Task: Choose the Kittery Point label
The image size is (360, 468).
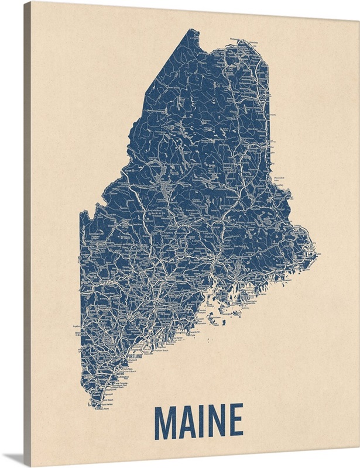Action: click(x=106, y=408)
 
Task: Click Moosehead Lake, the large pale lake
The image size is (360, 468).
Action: click(x=167, y=191)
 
